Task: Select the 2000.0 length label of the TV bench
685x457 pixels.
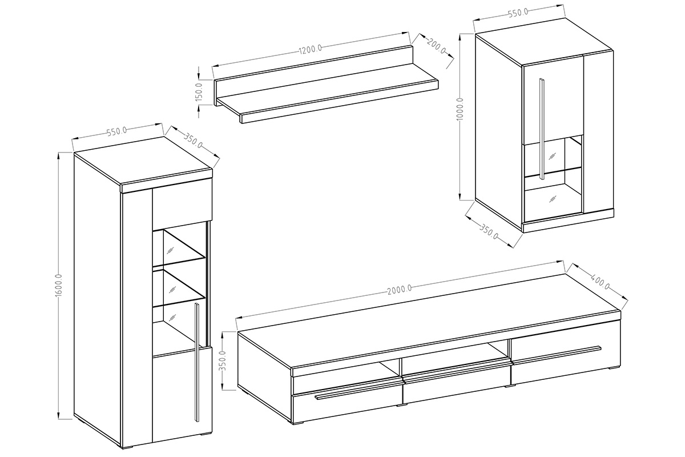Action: pos(400,289)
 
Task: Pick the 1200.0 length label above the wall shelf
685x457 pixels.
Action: pos(311,49)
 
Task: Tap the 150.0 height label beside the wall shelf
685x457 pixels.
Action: pos(199,92)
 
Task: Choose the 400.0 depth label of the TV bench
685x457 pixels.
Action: pos(601,283)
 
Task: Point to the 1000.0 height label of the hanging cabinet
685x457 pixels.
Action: pos(461,109)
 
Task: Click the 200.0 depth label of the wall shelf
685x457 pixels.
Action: pos(436,46)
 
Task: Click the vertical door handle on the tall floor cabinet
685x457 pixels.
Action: pos(196,362)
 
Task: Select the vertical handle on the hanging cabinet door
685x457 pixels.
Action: pos(542,129)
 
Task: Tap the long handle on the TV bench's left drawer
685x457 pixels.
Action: pos(358,393)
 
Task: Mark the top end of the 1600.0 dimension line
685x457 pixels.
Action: pos(59,152)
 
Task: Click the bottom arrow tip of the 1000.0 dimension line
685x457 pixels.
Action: pos(461,199)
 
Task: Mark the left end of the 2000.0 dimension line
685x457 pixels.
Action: pos(236,318)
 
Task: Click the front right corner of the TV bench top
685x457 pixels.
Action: pos(621,311)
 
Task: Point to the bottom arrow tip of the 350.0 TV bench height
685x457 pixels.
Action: pos(224,390)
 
